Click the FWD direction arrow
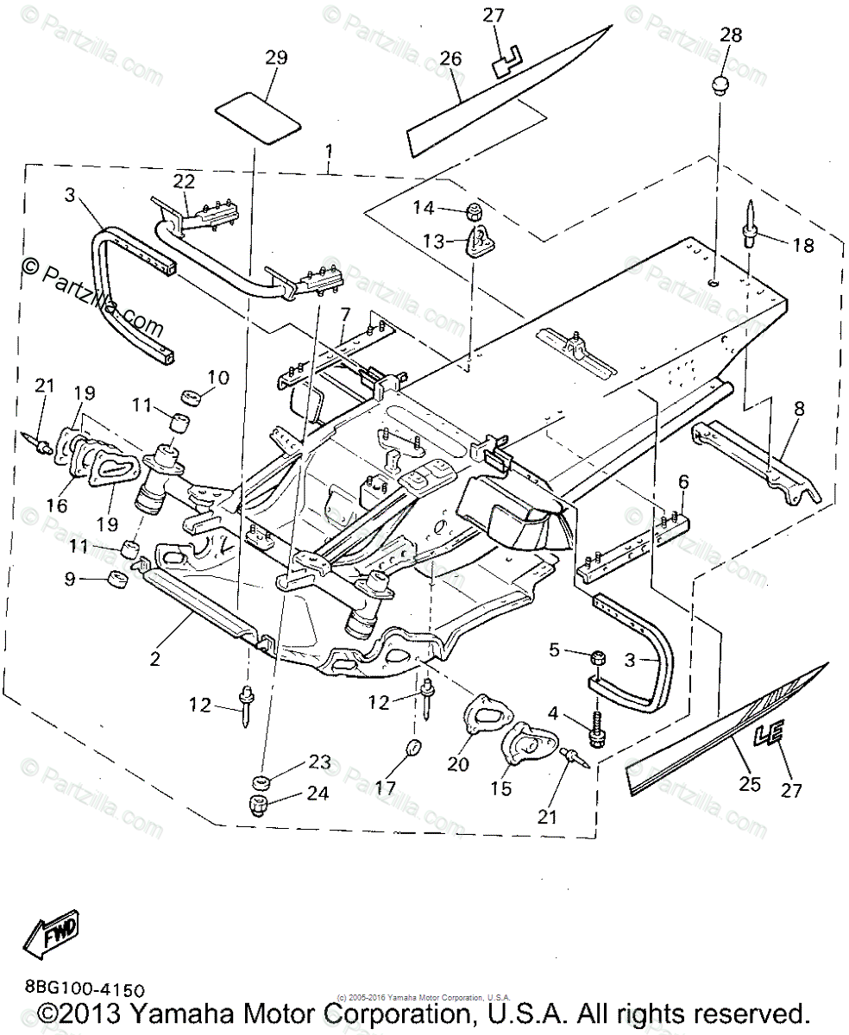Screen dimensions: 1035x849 point(52,934)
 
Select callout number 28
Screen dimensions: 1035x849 point(731,35)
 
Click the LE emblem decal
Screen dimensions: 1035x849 point(770,735)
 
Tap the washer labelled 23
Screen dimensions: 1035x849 point(261,782)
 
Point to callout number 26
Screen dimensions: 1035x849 point(450,60)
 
